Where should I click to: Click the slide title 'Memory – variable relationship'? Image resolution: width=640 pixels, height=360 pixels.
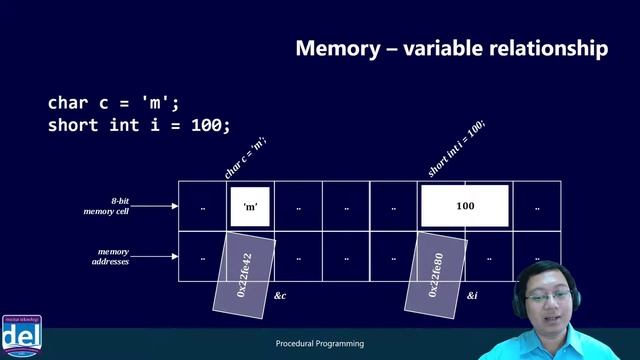[x=451, y=49]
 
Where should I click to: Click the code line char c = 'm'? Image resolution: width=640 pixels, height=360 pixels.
[x=114, y=103]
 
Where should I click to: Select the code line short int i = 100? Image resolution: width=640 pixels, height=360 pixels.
[x=139, y=125]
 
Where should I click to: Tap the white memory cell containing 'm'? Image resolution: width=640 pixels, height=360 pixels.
[x=251, y=206]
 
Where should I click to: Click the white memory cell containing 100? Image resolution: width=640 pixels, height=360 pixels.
[x=465, y=206]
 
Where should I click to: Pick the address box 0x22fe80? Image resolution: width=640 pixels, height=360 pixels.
[x=435, y=272]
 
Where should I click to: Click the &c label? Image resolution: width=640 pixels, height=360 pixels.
[x=280, y=297]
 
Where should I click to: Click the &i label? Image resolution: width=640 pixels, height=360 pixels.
[x=473, y=297]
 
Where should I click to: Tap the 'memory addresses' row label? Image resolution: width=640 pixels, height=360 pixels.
[x=113, y=258]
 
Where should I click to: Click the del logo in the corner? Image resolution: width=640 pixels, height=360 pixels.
[x=19, y=334]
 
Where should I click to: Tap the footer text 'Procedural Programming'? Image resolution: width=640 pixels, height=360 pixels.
[x=319, y=344]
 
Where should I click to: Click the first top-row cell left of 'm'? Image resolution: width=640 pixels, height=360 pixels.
[x=203, y=207]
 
